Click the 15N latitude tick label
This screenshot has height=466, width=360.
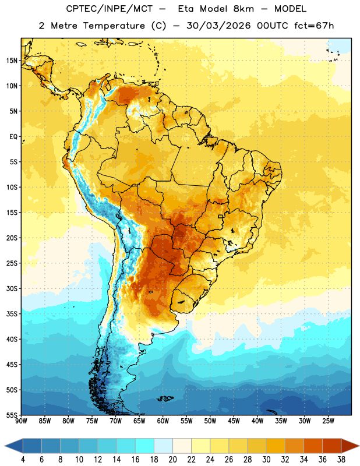tap(12, 61)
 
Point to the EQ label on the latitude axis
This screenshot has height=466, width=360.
tap(13, 137)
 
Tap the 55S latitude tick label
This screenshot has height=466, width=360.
tap(12, 415)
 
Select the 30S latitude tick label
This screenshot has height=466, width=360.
tap(12, 288)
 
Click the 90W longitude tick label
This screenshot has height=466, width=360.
tap(21, 421)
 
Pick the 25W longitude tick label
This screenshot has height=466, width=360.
tap(328, 421)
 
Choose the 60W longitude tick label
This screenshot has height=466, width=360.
tap(163, 421)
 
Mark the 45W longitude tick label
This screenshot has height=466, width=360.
tap(234, 421)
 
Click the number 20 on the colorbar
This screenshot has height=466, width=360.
tap(172, 460)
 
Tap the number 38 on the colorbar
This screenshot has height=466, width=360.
tap(341, 460)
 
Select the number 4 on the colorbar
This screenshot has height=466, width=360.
tap(23, 460)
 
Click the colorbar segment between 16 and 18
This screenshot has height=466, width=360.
tap(145, 446)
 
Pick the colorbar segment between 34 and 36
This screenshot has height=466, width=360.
tap(313, 446)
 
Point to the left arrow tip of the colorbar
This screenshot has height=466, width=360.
tap(5, 446)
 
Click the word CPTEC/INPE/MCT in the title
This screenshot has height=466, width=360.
tap(110, 9)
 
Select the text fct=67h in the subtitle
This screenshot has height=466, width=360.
tap(314, 26)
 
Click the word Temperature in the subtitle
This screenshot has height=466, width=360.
tap(114, 26)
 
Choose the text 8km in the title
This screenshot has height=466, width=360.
tap(243, 9)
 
